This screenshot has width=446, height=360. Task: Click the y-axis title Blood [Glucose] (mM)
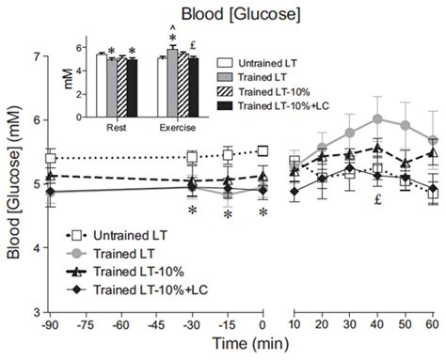(12, 184)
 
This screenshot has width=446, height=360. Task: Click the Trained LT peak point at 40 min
(377, 119)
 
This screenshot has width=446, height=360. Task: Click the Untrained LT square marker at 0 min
(263, 151)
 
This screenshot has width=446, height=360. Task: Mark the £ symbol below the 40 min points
(376, 200)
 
